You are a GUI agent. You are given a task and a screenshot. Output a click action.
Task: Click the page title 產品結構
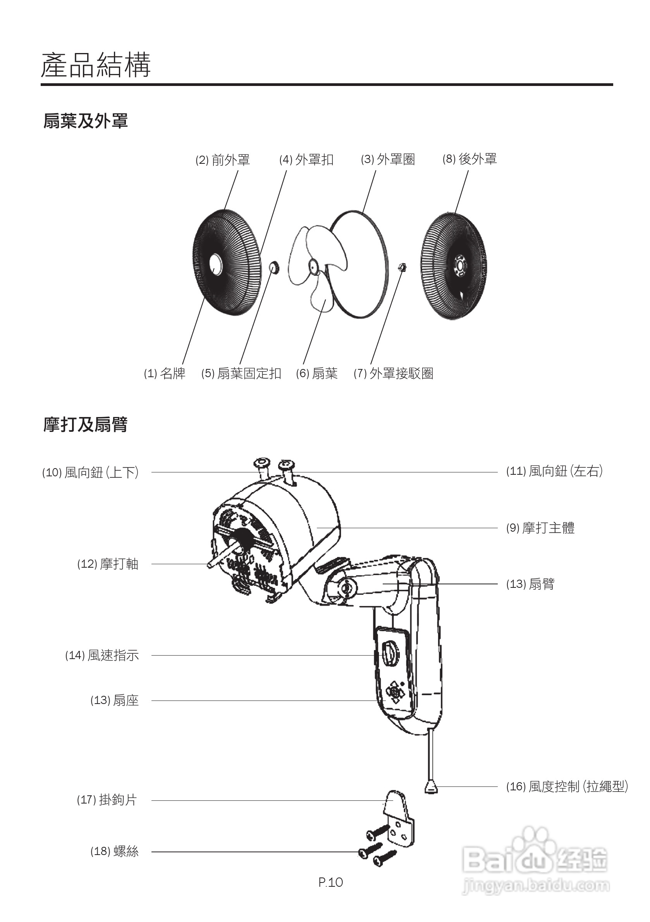tap(96, 65)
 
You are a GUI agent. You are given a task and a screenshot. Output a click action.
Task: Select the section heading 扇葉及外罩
tap(85, 121)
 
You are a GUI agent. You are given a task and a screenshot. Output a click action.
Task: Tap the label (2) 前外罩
tap(223, 160)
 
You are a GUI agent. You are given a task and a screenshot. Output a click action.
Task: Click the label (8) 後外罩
tap(469, 159)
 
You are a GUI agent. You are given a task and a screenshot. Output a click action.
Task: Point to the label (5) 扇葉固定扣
tap(241, 373)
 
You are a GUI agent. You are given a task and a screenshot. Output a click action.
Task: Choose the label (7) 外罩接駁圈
tap(393, 373)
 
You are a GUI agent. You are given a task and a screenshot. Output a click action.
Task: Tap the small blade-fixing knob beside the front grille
tap(274, 267)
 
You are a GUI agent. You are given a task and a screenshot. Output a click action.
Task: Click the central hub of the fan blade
tap(313, 265)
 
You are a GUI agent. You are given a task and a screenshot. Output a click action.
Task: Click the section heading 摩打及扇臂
tap(85, 424)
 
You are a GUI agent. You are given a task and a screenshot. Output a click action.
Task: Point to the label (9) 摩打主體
tap(540, 528)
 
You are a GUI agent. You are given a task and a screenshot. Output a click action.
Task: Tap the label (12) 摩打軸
tap(108, 564)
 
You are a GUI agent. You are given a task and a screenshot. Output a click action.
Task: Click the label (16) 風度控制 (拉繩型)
tap(566, 786)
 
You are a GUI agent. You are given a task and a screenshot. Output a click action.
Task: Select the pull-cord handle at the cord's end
tap(431, 788)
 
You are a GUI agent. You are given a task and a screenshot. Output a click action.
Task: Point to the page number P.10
tap(331, 882)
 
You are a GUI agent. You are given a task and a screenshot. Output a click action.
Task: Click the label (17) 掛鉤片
tap(107, 800)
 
